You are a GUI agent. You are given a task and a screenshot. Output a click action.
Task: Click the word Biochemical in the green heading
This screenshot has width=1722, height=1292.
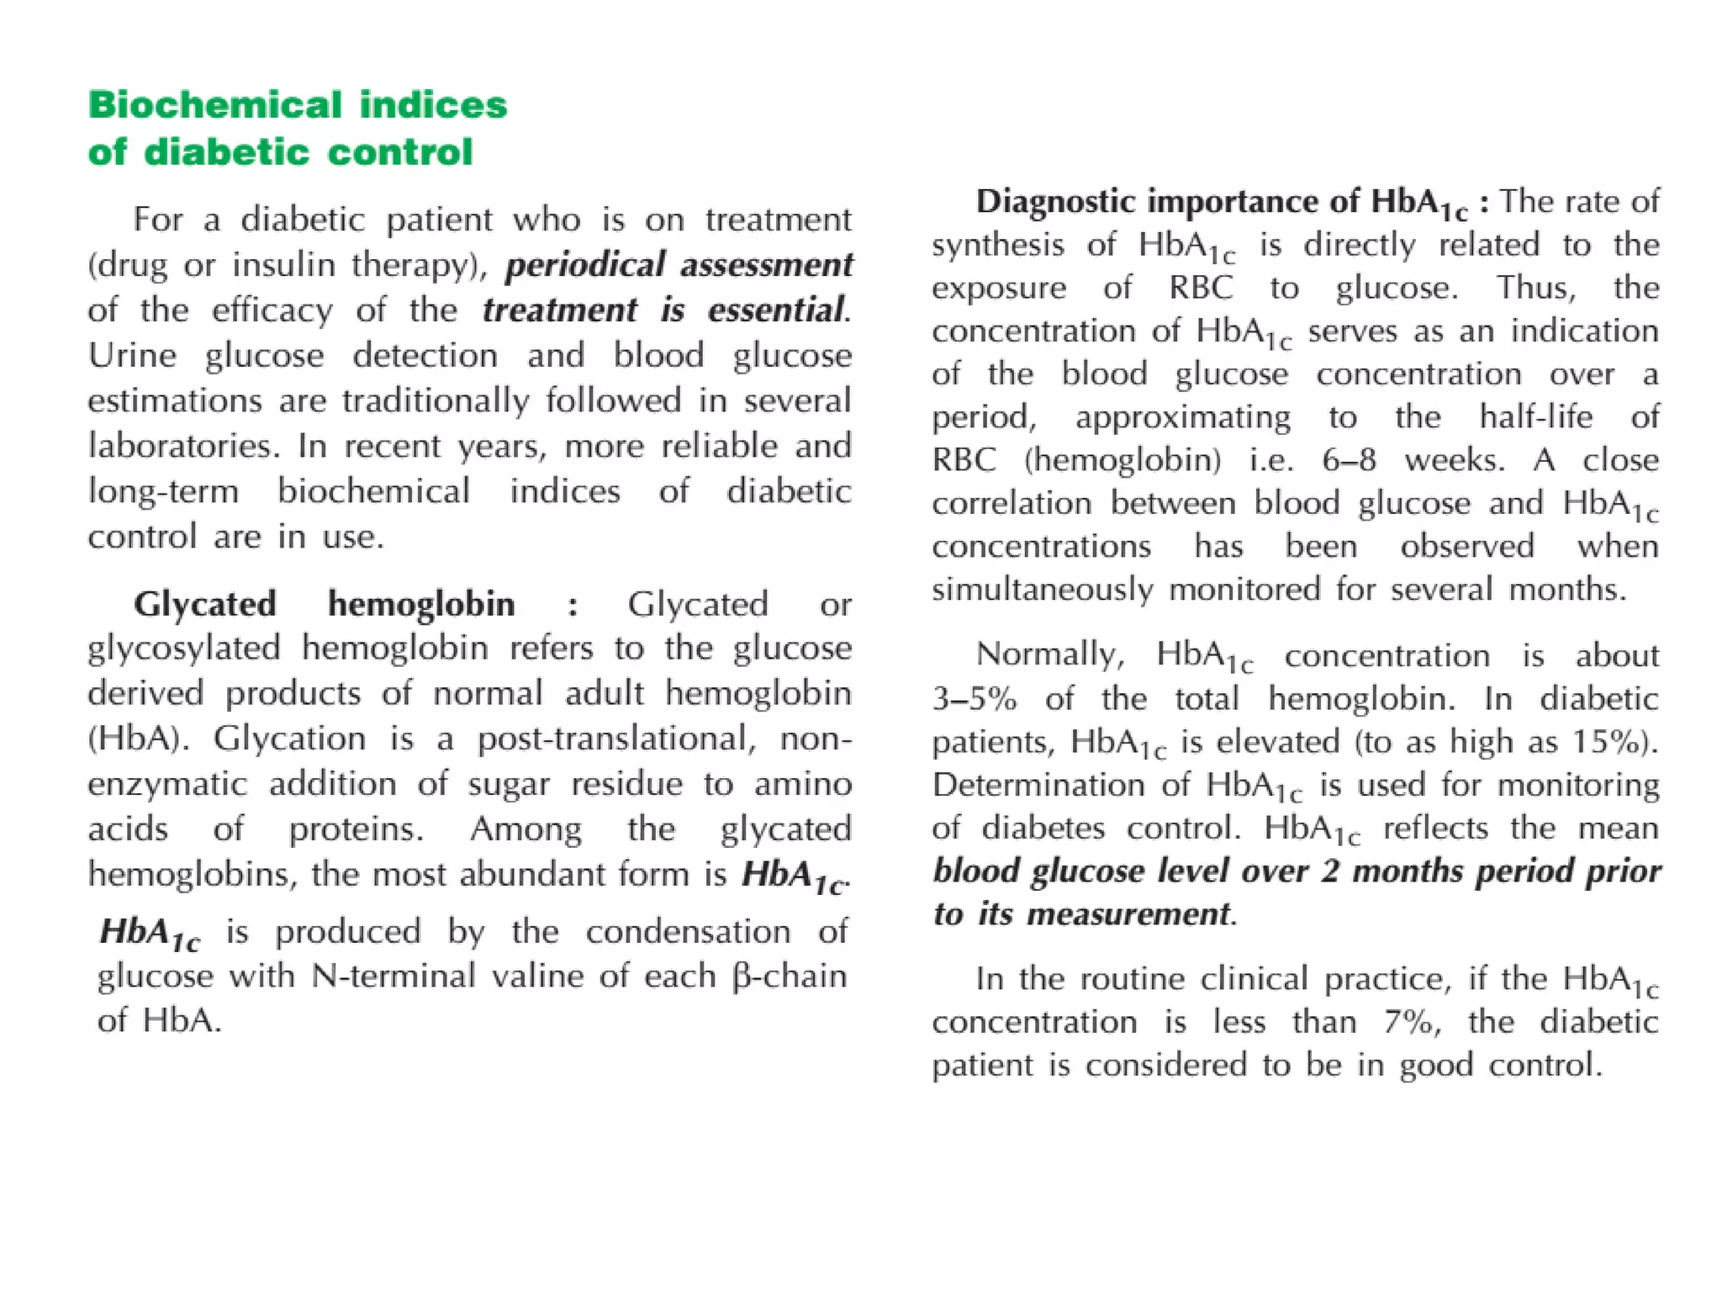(x=215, y=105)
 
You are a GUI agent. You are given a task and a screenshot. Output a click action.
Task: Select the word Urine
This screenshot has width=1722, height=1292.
(x=132, y=356)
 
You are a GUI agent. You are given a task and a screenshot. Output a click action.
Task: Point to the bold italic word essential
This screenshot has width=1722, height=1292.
(x=775, y=310)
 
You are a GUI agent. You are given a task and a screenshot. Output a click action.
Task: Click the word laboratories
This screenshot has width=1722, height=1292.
(x=182, y=446)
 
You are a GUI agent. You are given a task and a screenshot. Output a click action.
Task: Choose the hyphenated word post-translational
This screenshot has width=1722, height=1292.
(x=612, y=739)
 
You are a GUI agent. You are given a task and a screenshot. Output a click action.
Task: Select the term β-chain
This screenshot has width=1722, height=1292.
(x=789, y=977)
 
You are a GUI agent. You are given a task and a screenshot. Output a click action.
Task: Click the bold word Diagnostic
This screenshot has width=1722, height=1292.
(x=1055, y=202)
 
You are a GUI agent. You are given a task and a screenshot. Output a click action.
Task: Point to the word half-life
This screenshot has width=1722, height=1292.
(x=1535, y=417)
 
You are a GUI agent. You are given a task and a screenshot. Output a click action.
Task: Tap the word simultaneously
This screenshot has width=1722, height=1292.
(x=1043, y=590)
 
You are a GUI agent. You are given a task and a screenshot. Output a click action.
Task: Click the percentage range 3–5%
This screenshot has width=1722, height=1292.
(x=974, y=699)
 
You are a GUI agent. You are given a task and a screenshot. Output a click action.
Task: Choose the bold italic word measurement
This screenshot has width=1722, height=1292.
(x=1128, y=914)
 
